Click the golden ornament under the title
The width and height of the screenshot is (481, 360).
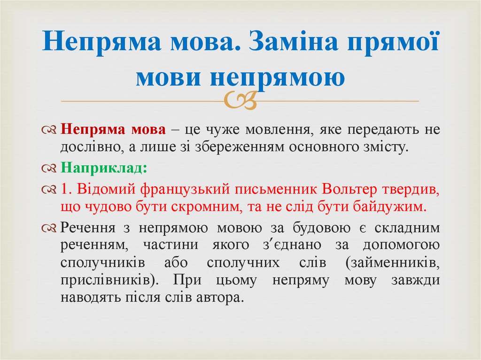pos(241,100)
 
